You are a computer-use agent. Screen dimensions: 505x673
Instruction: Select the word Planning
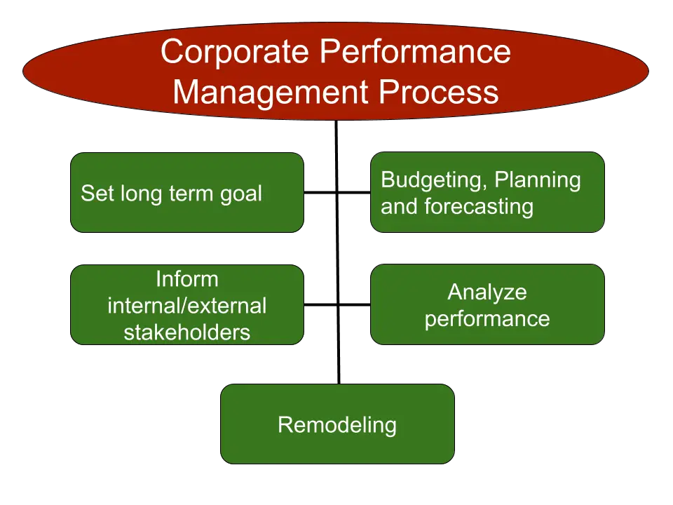pos(538,180)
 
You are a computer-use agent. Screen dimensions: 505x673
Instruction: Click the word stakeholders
pos(187,332)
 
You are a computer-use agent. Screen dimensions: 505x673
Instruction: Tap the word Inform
pos(187,279)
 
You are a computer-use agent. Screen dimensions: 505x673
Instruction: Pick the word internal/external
pos(187,306)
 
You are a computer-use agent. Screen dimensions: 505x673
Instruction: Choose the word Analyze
pos(487,292)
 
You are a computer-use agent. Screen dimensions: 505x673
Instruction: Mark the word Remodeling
pos(337,425)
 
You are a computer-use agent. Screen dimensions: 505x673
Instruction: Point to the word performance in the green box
pos(487,319)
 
